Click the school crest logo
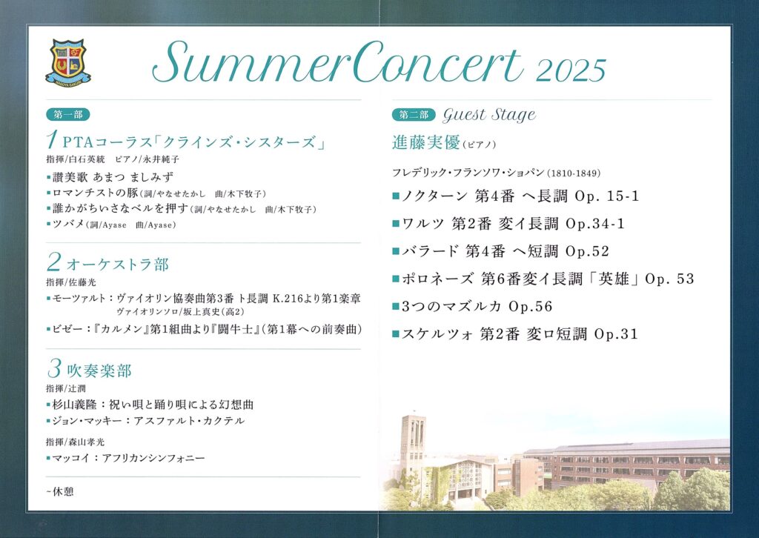click(x=68, y=62)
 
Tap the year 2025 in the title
click(x=571, y=71)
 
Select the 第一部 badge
click(x=68, y=115)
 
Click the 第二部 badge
click(x=414, y=115)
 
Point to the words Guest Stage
click(x=489, y=115)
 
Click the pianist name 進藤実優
click(x=425, y=143)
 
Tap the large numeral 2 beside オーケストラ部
click(x=53, y=262)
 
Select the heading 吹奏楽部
click(x=99, y=371)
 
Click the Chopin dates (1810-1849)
click(x=574, y=173)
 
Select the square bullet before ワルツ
click(x=396, y=224)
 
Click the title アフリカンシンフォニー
click(x=153, y=458)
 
